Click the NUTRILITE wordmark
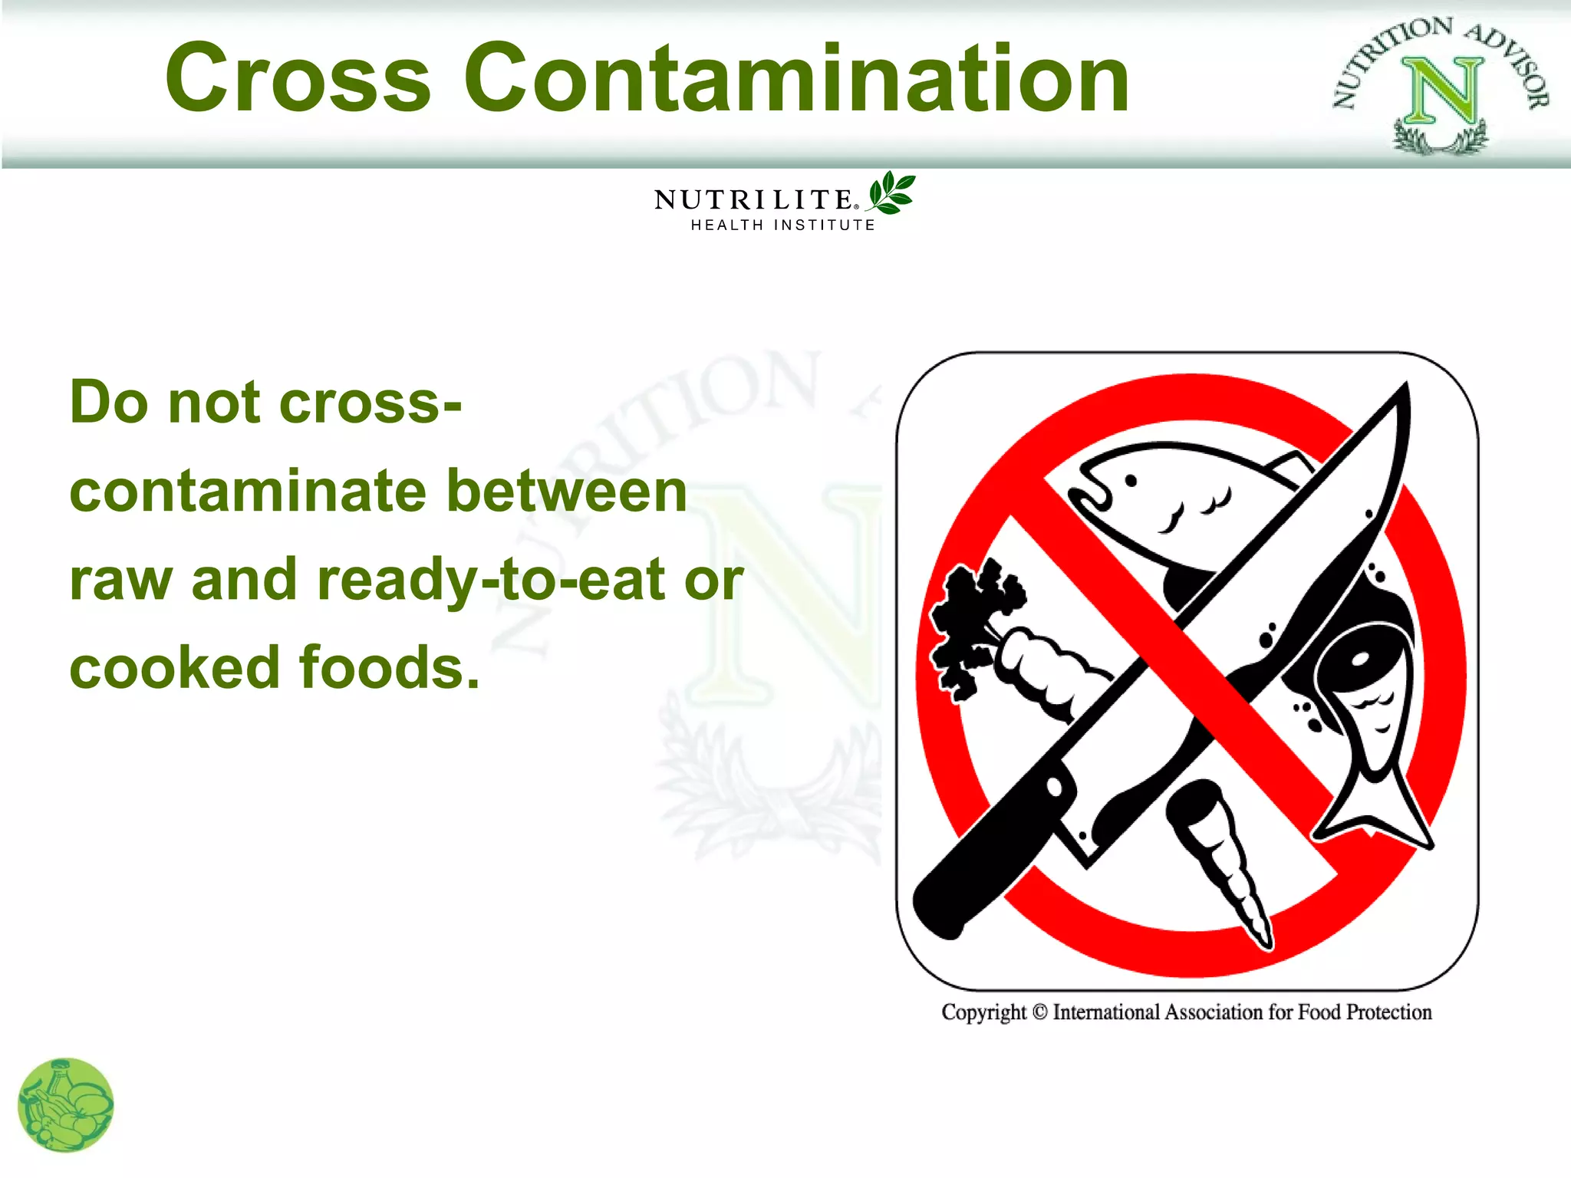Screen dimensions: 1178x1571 pos(754,200)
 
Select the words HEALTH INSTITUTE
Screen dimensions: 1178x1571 pos(782,225)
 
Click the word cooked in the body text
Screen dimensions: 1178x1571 pos(174,667)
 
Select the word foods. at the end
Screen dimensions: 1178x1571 pos(389,667)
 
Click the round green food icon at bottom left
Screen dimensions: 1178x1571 pos(66,1105)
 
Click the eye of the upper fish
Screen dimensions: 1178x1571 pos(1131,481)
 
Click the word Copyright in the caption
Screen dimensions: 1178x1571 pos(983,1012)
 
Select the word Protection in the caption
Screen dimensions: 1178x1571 pos(1388,1012)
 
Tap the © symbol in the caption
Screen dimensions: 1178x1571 pos(1039,1012)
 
